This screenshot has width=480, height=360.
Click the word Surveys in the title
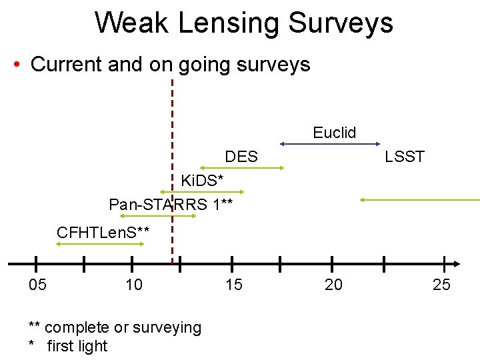341,23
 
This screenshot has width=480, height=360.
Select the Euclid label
335,133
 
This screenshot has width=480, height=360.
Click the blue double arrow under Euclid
330,143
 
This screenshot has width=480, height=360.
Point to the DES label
241,157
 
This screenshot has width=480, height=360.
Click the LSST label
405,157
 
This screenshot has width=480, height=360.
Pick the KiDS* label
203,181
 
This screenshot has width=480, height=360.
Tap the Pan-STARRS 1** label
171,204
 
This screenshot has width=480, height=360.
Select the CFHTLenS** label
103,233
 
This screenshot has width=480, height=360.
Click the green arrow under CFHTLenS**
100,245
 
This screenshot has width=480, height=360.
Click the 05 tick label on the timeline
38,285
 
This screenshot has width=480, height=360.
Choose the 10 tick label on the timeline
134,285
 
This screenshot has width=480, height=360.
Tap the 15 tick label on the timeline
234,285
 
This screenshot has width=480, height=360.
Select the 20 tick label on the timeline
333,285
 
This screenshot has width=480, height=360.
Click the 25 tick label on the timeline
441,285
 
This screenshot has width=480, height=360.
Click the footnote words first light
77,346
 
